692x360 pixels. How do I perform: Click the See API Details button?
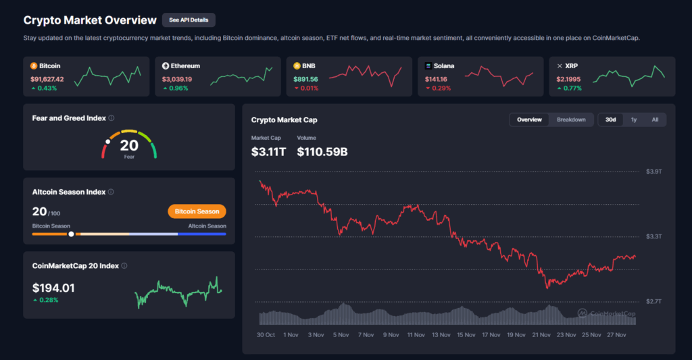pos(189,20)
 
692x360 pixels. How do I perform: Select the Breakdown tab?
pos(571,120)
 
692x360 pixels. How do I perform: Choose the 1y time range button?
pos(633,120)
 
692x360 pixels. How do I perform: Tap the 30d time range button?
pos(610,120)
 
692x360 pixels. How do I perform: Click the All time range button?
pos(655,120)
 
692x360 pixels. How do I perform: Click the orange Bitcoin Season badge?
pos(197,211)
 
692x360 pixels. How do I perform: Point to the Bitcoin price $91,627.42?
pos(47,79)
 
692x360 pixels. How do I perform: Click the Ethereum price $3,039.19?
pos(177,79)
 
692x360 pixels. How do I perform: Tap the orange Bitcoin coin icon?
pos(34,66)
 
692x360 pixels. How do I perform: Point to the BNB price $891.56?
pos(305,79)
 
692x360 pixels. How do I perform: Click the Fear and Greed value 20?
pos(129,145)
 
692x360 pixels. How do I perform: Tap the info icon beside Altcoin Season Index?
pos(111,192)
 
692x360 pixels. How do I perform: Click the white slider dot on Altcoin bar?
pos(71,234)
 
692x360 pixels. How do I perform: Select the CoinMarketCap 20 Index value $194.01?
pos(53,288)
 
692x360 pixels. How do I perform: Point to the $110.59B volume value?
pos(322,152)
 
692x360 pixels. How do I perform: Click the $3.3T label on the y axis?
pos(654,236)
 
